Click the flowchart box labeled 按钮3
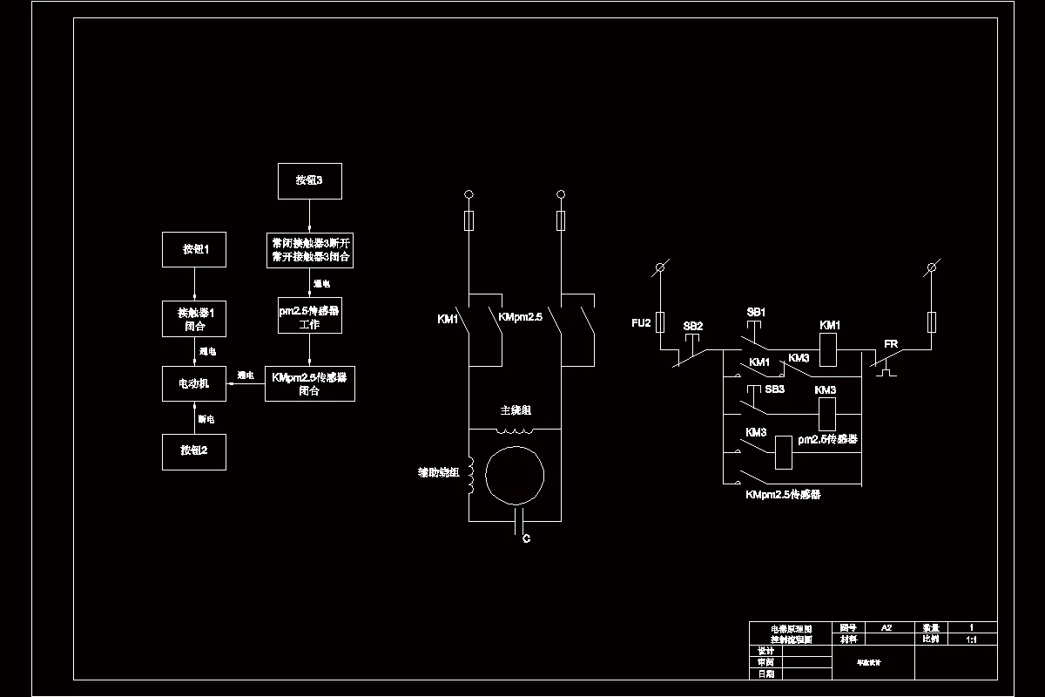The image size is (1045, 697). pyautogui.click(x=308, y=181)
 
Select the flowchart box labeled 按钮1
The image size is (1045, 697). pyautogui.click(x=194, y=249)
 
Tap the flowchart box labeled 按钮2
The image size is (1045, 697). pyautogui.click(x=194, y=450)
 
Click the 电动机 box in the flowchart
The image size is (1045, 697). pyautogui.click(x=194, y=383)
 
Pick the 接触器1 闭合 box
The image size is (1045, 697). pyautogui.click(x=194, y=319)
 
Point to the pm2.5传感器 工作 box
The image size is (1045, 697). pyautogui.click(x=310, y=315)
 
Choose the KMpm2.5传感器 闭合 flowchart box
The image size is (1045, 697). pyautogui.click(x=310, y=384)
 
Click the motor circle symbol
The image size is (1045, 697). pyautogui.click(x=515, y=476)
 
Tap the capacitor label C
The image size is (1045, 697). pyautogui.click(x=526, y=539)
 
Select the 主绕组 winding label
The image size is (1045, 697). pyautogui.click(x=515, y=410)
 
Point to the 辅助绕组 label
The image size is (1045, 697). pyautogui.click(x=438, y=473)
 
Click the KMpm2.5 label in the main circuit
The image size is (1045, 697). pyautogui.click(x=521, y=318)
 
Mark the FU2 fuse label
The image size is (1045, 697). pyautogui.click(x=641, y=323)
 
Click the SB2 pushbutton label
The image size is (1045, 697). pyautogui.click(x=693, y=326)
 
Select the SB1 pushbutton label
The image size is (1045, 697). pyautogui.click(x=756, y=312)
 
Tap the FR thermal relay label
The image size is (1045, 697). pyautogui.click(x=891, y=344)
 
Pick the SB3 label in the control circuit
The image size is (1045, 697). pyautogui.click(x=775, y=389)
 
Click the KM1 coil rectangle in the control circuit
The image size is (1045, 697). pyautogui.click(x=829, y=351)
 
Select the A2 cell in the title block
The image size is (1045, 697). pyautogui.click(x=887, y=627)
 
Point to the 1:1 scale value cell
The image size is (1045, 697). pyautogui.click(x=972, y=639)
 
